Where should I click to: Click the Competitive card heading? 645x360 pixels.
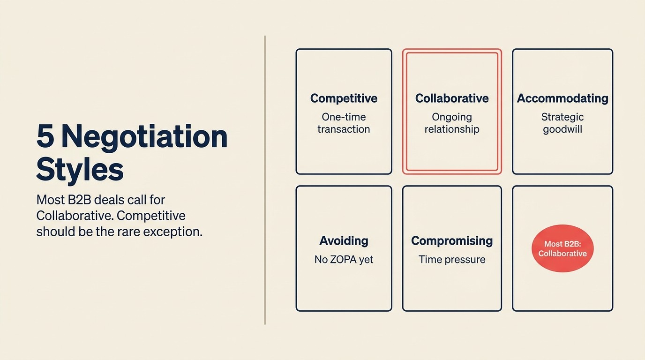[x=344, y=98]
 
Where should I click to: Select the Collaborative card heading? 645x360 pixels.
[x=452, y=98]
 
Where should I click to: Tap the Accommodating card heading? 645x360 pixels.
[x=562, y=98]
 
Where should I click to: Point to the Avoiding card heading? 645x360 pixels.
[x=344, y=241]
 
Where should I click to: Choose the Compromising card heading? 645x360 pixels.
[x=452, y=241]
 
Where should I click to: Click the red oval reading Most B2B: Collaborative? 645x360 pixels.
[x=562, y=249]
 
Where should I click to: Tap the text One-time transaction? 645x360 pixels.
[x=344, y=123]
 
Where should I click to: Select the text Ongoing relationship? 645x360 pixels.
[x=452, y=123]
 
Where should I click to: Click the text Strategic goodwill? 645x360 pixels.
[x=562, y=123]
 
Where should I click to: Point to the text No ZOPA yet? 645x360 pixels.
[x=344, y=259]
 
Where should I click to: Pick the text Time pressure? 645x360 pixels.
[x=452, y=259]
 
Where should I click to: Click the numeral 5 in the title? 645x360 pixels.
[x=45, y=136]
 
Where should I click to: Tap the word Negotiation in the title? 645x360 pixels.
[x=144, y=136]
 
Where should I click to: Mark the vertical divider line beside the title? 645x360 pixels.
[x=265, y=180]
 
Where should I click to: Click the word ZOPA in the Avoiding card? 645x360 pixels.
[x=343, y=259]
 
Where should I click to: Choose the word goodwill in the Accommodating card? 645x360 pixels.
[x=562, y=129]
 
